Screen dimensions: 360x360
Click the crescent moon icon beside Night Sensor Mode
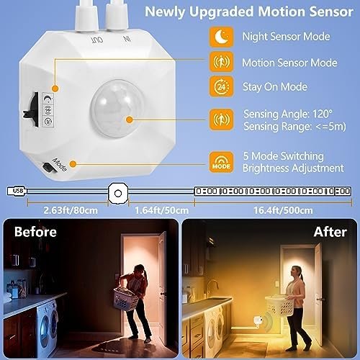221,37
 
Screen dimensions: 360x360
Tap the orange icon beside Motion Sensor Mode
221,62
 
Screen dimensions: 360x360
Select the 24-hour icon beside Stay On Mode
221,86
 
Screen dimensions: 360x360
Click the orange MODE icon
221,162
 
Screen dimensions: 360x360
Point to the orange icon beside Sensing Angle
221,120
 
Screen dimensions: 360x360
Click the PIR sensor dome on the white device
117,109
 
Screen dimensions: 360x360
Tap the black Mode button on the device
48,167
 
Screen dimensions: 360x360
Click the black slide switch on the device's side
32,109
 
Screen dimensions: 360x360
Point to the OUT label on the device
97,40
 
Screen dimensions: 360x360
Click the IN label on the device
127,38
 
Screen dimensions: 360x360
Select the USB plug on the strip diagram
17,191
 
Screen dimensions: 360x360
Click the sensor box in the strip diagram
118,193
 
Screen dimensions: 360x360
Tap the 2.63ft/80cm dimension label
71,210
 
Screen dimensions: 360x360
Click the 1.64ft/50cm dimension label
161,210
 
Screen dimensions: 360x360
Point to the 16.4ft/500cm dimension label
283,210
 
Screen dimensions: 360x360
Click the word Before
35,232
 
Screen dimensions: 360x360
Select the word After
330,232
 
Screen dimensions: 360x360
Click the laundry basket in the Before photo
125,299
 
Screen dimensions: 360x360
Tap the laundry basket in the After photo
279,306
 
